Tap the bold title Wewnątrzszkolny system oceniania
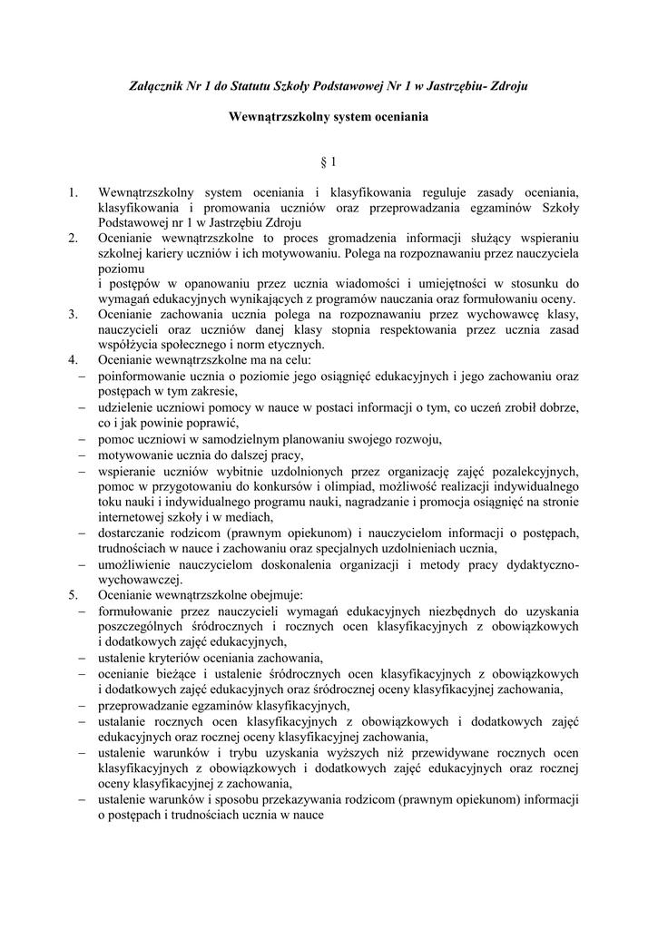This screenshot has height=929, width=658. tap(329, 117)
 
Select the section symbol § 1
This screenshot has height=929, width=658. tap(329, 163)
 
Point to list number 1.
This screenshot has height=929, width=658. tap(74, 193)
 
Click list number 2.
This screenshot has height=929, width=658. tap(74, 239)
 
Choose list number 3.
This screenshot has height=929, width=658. tap(74, 315)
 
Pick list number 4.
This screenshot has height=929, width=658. tap(74, 360)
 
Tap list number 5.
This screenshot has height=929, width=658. tap(74, 595)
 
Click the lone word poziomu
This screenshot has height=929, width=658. tap(122, 269)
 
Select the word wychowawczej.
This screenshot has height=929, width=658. tap(140, 580)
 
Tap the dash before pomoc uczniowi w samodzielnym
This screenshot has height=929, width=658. tap(81, 440)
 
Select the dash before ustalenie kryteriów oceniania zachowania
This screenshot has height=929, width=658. tap(81, 658)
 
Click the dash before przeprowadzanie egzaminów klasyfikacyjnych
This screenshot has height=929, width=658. tap(81, 705)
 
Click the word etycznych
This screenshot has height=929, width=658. tap(292, 345)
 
